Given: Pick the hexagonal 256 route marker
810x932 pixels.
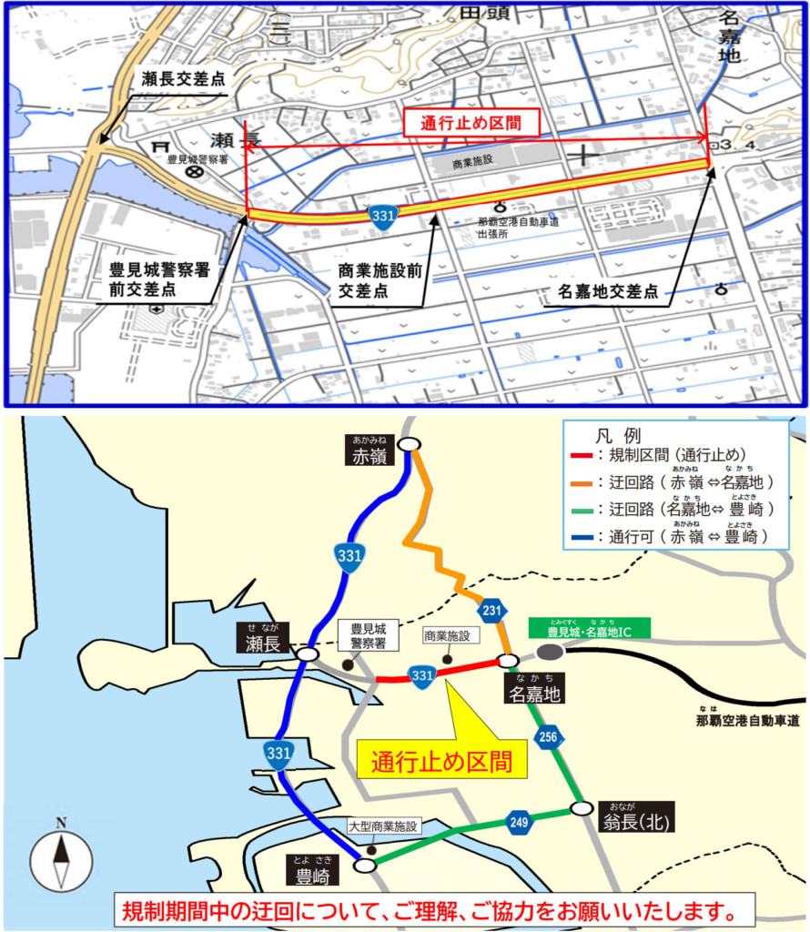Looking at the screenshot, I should [x=548, y=737].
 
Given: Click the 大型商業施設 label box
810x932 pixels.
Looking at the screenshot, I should [x=382, y=827].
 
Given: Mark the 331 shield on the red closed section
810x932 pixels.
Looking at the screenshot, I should [x=420, y=675].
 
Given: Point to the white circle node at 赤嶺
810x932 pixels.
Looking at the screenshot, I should [x=410, y=444].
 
